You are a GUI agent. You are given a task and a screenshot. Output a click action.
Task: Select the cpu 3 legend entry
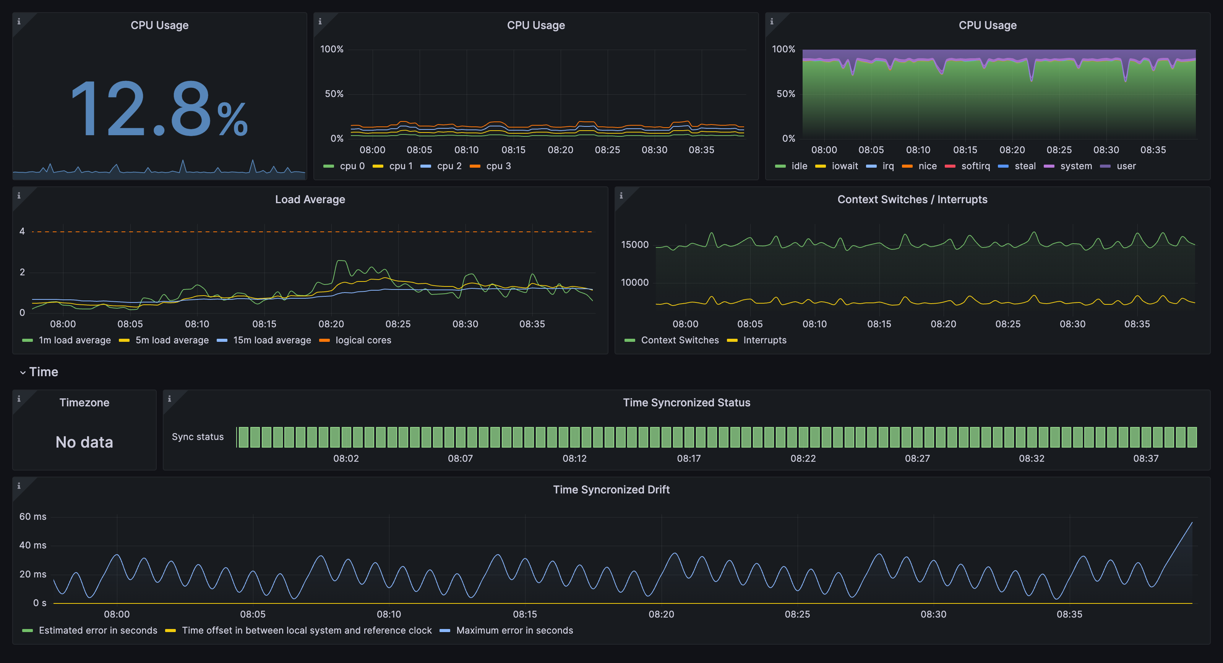tap(498, 166)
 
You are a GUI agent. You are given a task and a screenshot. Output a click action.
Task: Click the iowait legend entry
tap(844, 166)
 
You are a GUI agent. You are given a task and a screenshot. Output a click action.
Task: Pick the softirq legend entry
tap(975, 166)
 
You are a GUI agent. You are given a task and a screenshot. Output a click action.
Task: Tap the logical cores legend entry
tap(363, 340)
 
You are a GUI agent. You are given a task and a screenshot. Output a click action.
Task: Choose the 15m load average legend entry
tap(272, 340)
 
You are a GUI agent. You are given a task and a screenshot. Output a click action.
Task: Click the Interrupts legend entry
tap(764, 340)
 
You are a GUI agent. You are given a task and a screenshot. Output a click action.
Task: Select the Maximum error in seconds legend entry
tap(514, 630)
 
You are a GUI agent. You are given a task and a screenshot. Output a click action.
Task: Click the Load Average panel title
tap(310, 199)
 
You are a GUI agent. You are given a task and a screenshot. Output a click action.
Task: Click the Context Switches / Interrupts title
tap(912, 199)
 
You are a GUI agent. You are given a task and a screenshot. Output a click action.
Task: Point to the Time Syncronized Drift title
tap(611, 489)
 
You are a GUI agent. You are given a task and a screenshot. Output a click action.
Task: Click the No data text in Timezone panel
tap(84, 442)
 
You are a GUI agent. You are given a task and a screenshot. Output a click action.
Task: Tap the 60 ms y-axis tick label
tap(33, 516)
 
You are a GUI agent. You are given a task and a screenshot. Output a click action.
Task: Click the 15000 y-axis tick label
tap(634, 244)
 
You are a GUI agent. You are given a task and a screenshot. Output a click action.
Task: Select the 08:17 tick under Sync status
tap(688, 458)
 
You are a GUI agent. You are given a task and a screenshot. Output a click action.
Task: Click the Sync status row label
tap(198, 437)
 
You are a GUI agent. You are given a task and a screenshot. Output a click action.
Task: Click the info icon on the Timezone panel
tap(19, 399)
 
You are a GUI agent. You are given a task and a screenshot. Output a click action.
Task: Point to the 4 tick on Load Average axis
tap(22, 231)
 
